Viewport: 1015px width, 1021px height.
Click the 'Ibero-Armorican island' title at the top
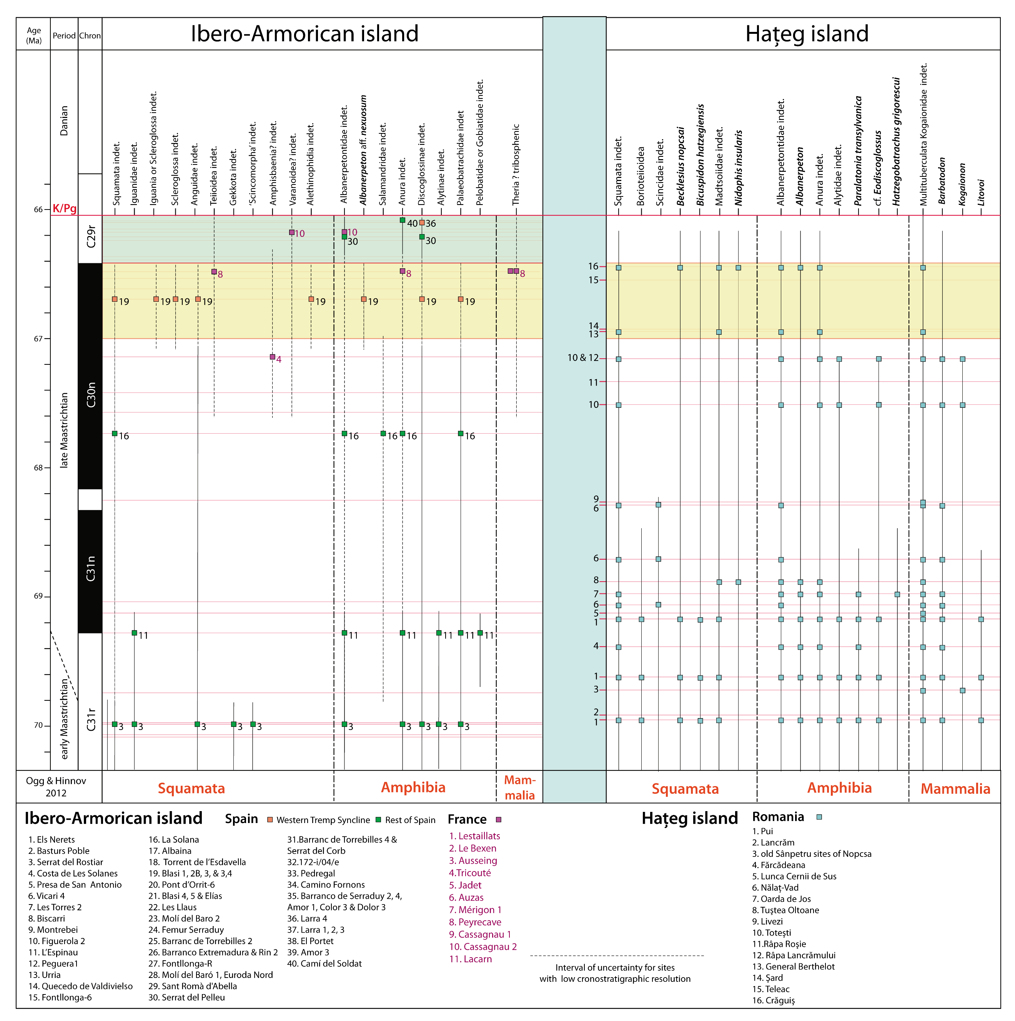(304, 34)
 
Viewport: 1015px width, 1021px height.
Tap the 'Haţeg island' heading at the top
(807, 34)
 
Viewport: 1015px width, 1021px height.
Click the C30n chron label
(91, 394)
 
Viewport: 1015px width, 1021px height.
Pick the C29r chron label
(91, 237)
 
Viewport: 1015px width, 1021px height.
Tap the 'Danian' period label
(64, 120)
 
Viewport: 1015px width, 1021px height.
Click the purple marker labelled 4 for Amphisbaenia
(272, 357)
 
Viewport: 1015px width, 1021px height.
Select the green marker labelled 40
(402, 220)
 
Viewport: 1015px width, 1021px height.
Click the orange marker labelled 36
(422, 223)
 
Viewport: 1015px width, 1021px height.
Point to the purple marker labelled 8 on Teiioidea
(214, 272)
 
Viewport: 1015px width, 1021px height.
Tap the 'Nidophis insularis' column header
(739, 168)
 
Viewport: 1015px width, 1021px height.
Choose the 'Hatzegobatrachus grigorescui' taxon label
(897, 141)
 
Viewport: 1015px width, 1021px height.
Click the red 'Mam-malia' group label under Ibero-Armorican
(520, 787)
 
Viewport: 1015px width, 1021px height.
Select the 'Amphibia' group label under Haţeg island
(839, 788)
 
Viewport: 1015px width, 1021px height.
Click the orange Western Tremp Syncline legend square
(270, 820)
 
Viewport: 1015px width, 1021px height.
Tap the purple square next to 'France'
(498, 820)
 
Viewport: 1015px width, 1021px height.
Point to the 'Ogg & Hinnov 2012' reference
(56, 787)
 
